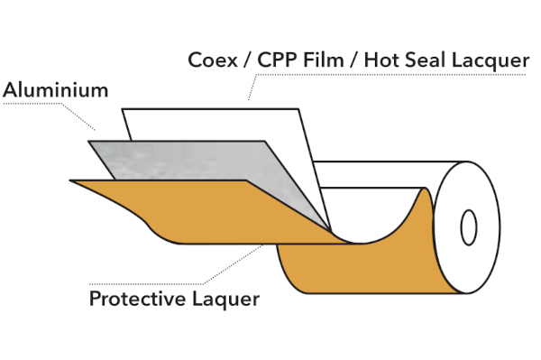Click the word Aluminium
pos(56,89)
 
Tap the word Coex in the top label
pos(213,60)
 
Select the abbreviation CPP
pos(277,60)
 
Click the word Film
pos(324,60)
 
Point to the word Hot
pos(381,60)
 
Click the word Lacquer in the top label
pos(491,60)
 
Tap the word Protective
pos(138,299)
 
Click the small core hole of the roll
pos(469,227)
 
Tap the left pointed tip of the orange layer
pos(70,180)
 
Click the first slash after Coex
pos(247,60)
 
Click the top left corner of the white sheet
pos(122,109)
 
